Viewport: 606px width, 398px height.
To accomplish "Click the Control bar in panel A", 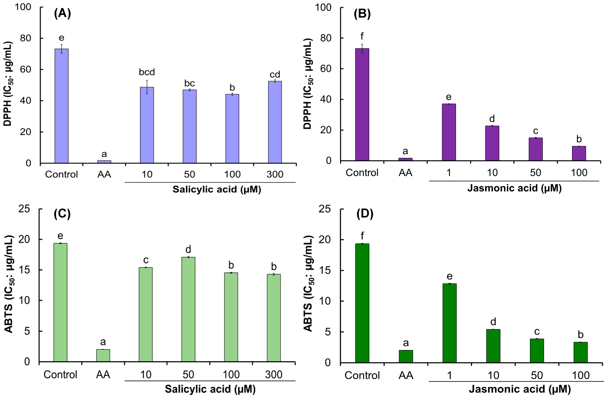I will [61, 106].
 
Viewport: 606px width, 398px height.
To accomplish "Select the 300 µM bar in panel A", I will [275, 122].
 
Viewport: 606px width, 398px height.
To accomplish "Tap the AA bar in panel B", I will [405, 159].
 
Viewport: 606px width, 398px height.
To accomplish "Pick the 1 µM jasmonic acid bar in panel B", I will [449, 132].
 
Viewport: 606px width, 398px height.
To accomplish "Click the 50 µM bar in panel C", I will [188, 309].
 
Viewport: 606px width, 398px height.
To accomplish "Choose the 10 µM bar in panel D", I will [493, 346].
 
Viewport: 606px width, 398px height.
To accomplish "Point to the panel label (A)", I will [62, 13].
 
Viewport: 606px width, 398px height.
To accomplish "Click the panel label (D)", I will [365, 214].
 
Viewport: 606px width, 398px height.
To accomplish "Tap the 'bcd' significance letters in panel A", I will [147, 72].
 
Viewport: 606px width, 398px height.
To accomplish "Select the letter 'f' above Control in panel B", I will [362, 36].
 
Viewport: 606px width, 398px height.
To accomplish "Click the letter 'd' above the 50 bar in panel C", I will [188, 249].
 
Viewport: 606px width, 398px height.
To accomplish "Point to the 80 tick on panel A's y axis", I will [26, 38].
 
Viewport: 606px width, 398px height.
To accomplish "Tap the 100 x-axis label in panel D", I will [580, 375].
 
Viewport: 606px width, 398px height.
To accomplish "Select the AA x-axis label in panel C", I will [103, 375].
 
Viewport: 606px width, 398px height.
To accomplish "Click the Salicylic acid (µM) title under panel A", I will [217, 189].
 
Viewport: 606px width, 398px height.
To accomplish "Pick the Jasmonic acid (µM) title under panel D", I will [520, 389].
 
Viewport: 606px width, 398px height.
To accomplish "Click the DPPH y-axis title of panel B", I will [307, 84].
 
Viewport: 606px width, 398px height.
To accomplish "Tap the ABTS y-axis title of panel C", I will [9, 284].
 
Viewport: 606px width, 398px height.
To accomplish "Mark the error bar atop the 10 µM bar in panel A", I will [147, 87].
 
